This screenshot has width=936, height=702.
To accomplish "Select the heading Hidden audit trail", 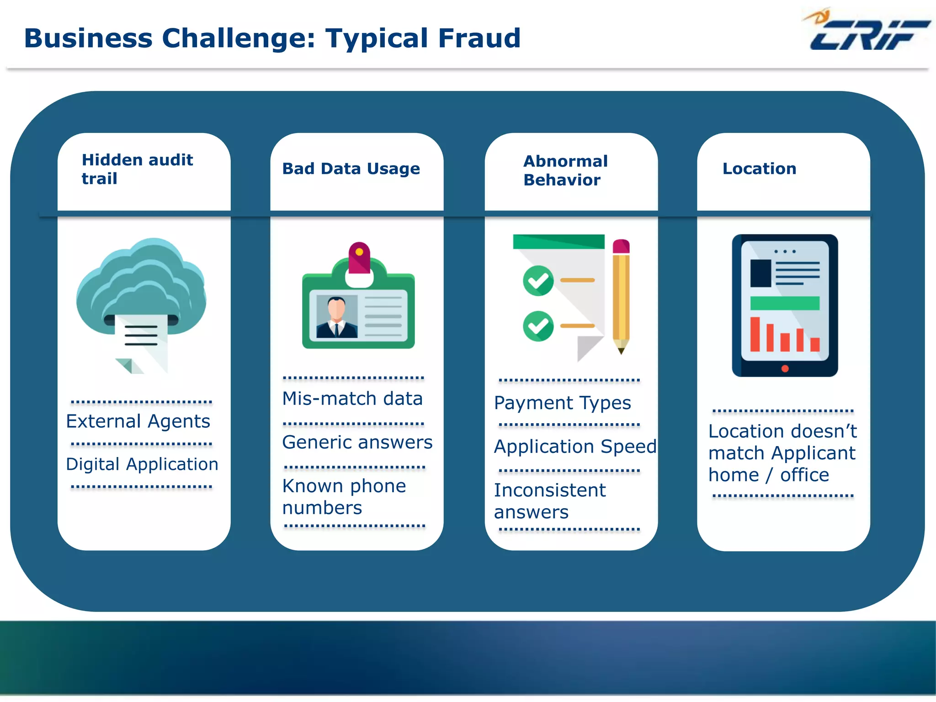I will [x=137, y=169].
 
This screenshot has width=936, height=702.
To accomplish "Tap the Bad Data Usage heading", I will [x=351, y=169].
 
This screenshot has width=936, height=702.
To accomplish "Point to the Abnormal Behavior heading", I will [x=565, y=170].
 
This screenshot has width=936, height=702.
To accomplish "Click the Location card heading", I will [x=759, y=169].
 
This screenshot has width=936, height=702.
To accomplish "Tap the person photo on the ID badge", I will [x=337, y=317].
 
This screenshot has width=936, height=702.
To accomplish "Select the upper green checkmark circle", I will [x=538, y=280].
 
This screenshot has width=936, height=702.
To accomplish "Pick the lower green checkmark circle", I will [x=538, y=326].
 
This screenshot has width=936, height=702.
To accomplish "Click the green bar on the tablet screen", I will [x=784, y=303].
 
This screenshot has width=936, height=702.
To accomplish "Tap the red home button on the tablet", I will [x=785, y=368].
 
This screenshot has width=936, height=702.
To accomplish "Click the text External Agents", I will [x=138, y=421].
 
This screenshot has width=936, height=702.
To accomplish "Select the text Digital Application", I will [x=142, y=464].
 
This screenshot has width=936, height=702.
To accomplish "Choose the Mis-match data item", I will [x=352, y=399].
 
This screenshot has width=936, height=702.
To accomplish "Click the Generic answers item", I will [x=357, y=442].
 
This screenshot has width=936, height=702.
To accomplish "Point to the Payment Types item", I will [x=562, y=403].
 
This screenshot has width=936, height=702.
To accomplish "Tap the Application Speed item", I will [x=575, y=447].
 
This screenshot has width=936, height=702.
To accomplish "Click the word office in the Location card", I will [x=804, y=475].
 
